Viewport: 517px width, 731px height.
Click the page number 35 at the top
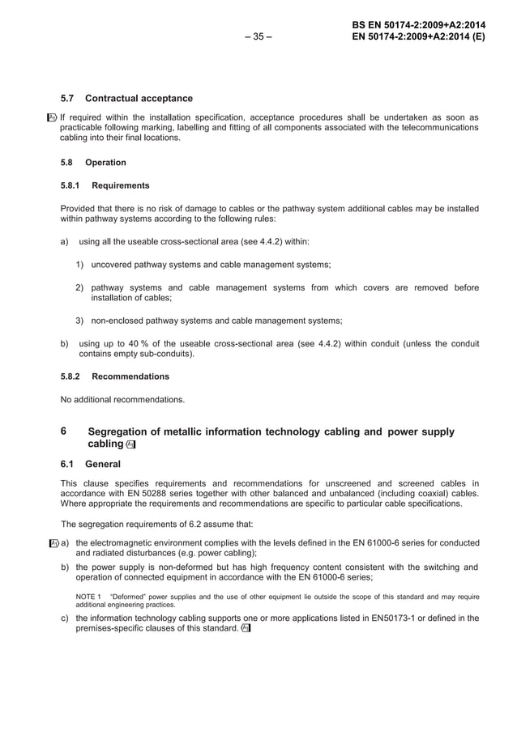click(258, 36)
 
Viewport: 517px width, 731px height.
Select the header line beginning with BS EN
click(418, 26)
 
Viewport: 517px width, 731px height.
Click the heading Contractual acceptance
click(139, 99)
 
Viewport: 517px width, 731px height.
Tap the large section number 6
click(64, 431)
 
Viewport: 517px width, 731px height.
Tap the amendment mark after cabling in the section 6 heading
click(130, 445)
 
